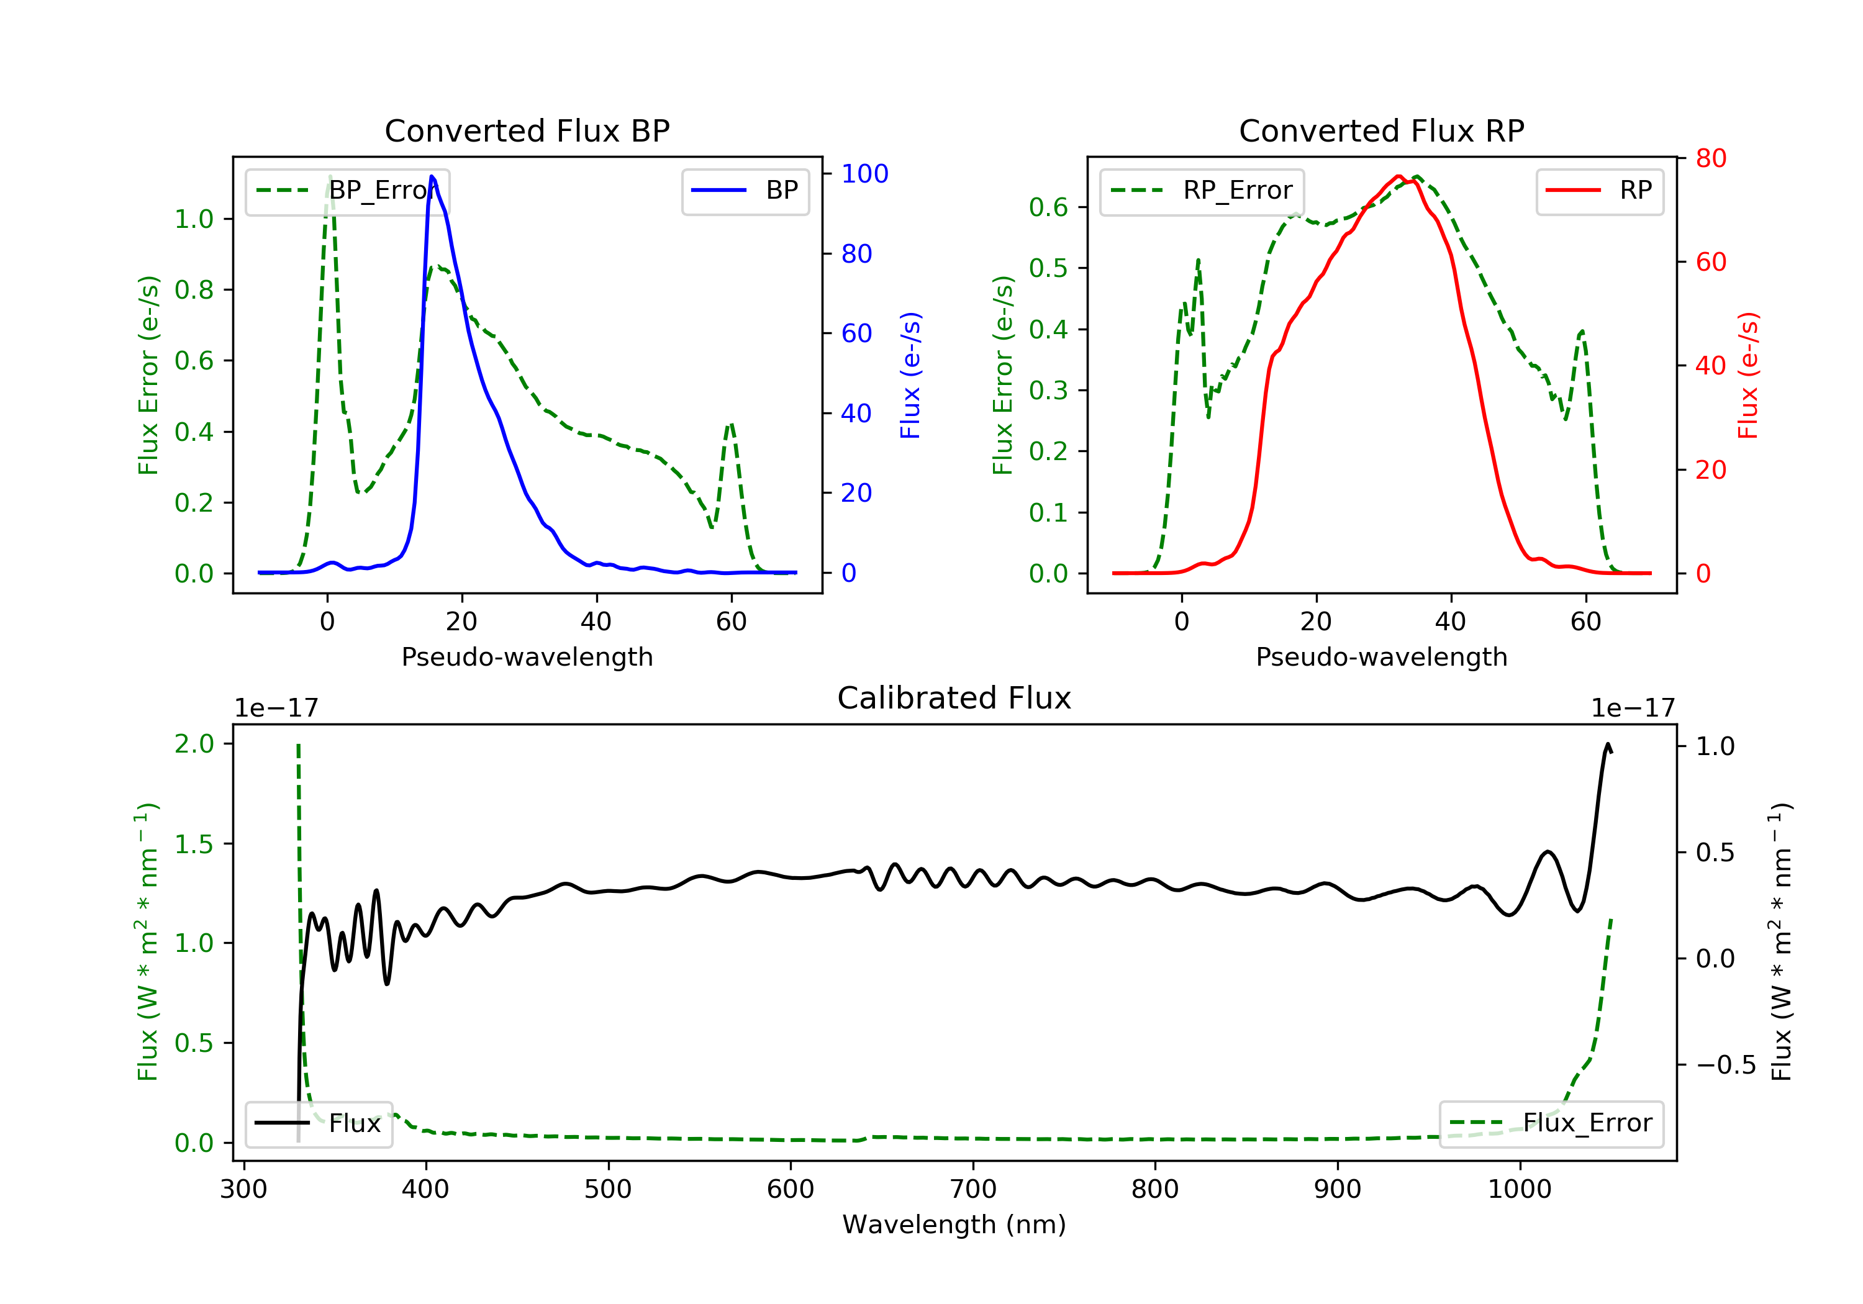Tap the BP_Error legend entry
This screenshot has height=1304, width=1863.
click(347, 191)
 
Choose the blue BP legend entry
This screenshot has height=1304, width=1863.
click(745, 191)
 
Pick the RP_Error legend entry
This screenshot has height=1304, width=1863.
click(1202, 191)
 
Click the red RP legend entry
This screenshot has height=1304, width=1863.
click(1599, 191)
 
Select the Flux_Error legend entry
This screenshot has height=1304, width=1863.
click(1551, 1123)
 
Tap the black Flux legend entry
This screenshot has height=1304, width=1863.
click(318, 1123)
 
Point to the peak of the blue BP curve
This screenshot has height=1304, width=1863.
click(432, 176)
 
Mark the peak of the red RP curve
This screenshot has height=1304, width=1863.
click(1399, 176)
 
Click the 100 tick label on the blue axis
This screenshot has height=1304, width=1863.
click(864, 174)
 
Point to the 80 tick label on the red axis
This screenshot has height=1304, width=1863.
click(1710, 158)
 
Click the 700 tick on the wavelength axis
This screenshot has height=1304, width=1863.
click(973, 1190)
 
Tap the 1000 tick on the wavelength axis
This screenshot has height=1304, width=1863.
click(1519, 1190)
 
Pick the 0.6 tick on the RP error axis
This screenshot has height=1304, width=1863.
click(1048, 208)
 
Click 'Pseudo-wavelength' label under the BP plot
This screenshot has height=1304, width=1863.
click(527, 657)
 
